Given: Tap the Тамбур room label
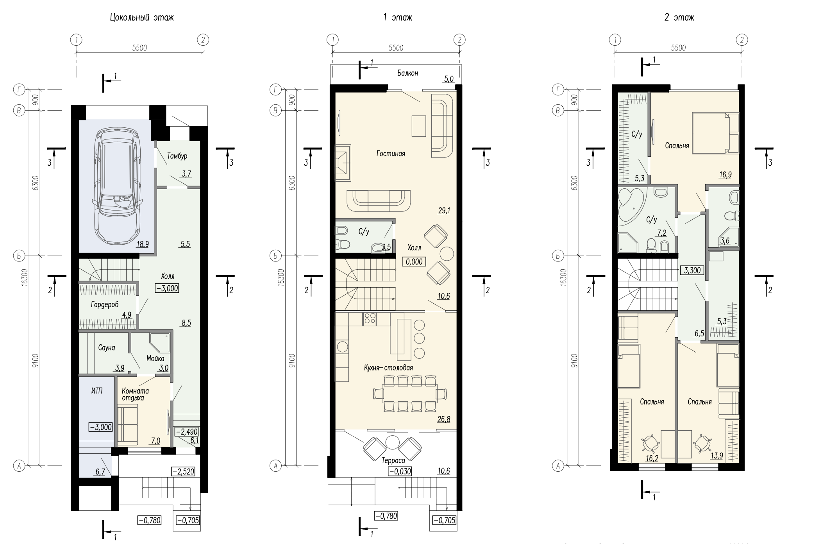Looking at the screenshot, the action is [x=177, y=156].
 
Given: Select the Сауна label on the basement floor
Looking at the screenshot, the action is [x=106, y=347].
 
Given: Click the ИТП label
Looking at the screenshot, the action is [x=97, y=390].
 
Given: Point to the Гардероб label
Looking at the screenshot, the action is [x=105, y=304].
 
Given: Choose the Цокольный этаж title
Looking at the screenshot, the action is [x=141, y=18].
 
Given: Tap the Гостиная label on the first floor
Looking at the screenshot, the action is [x=391, y=154].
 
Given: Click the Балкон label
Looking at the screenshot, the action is [x=407, y=73].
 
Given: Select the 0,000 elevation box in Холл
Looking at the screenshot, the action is [x=414, y=261].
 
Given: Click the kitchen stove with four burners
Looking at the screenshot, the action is [x=370, y=319].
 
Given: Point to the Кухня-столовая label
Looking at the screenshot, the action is [x=388, y=368].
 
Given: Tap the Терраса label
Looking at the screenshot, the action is [x=393, y=461].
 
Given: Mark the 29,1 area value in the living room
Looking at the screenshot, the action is [x=444, y=211].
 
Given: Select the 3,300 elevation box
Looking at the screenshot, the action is [x=692, y=270].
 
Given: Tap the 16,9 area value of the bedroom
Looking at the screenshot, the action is [x=725, y=175].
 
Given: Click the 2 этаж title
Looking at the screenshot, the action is [x=679, y=18].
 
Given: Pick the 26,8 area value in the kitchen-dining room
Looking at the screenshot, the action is [x=444, y=419].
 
